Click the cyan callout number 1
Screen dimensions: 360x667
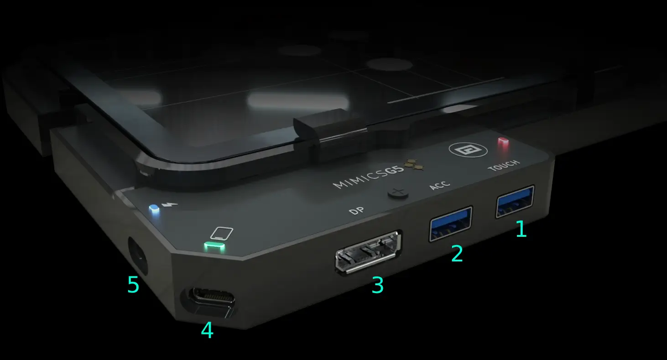click(x=521, y=229)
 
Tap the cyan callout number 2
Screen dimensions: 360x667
click(x=457, y=254)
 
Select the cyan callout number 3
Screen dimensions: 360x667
click(x=377, y=285)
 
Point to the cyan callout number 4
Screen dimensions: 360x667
click(x=207, y=330)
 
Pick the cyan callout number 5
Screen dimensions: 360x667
click(x=133, y=285)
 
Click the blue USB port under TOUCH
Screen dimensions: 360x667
click(x=515, y=201)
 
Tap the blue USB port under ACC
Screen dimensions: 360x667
click(x=450, y=223)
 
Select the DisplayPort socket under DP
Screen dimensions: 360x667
click(x=369, y=252)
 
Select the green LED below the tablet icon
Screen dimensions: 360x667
click(x=214, y=247)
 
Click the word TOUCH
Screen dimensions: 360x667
click(x=503, y=166)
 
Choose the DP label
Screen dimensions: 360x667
click(x=356, y=211)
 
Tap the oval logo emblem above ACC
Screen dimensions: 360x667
click(x=462, y=149)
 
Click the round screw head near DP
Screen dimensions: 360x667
click(x=398, y=193)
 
